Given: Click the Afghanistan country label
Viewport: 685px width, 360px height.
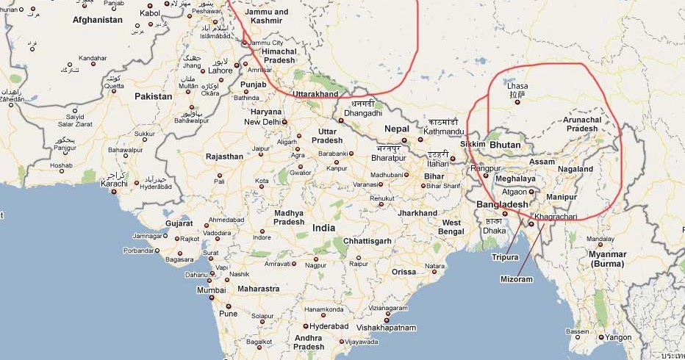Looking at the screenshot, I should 97,20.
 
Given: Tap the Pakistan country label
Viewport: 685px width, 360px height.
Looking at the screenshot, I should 153,96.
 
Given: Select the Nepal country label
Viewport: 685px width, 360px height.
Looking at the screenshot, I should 395,129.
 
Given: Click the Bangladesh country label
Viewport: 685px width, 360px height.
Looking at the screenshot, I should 503,204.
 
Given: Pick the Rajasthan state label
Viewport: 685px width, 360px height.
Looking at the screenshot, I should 224,156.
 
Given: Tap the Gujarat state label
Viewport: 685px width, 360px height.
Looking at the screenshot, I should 179,223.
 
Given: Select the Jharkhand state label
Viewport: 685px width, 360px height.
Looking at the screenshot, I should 417,213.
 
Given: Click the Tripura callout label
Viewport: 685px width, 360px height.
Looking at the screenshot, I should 505,258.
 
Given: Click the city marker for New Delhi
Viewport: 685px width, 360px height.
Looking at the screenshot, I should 284,121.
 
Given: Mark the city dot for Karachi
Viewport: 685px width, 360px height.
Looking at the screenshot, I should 114,192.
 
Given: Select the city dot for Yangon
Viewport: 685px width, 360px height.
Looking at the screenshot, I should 601,338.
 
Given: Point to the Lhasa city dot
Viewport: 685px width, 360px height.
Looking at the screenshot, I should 517,101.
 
